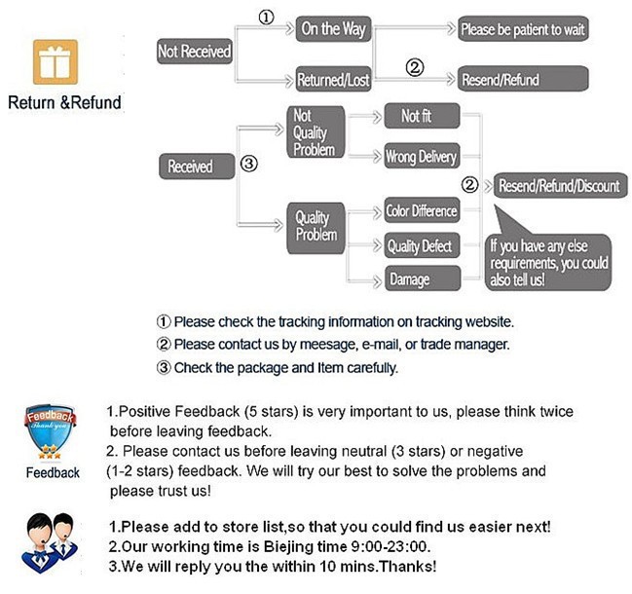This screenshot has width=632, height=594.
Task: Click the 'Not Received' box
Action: tap(194, 52)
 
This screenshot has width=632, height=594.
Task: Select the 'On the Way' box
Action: tap(334, 29)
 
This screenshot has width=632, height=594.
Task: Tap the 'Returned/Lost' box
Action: tap(334, 79)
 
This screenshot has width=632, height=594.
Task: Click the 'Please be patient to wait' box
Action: tap(523, 29)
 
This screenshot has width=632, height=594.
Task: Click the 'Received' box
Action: tap(191, 167)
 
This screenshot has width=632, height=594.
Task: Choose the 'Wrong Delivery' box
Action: tap(421, 156)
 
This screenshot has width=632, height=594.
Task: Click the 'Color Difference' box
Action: tap(421, 211)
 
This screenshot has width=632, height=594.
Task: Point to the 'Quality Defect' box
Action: tap(421, 246)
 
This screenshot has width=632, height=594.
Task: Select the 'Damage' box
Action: tap(421, 279)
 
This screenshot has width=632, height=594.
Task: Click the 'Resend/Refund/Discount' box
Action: tap(558, 185)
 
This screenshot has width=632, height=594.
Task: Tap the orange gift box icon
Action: tap(56, 63)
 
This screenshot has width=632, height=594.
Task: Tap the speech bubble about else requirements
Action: tap(551, 259)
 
